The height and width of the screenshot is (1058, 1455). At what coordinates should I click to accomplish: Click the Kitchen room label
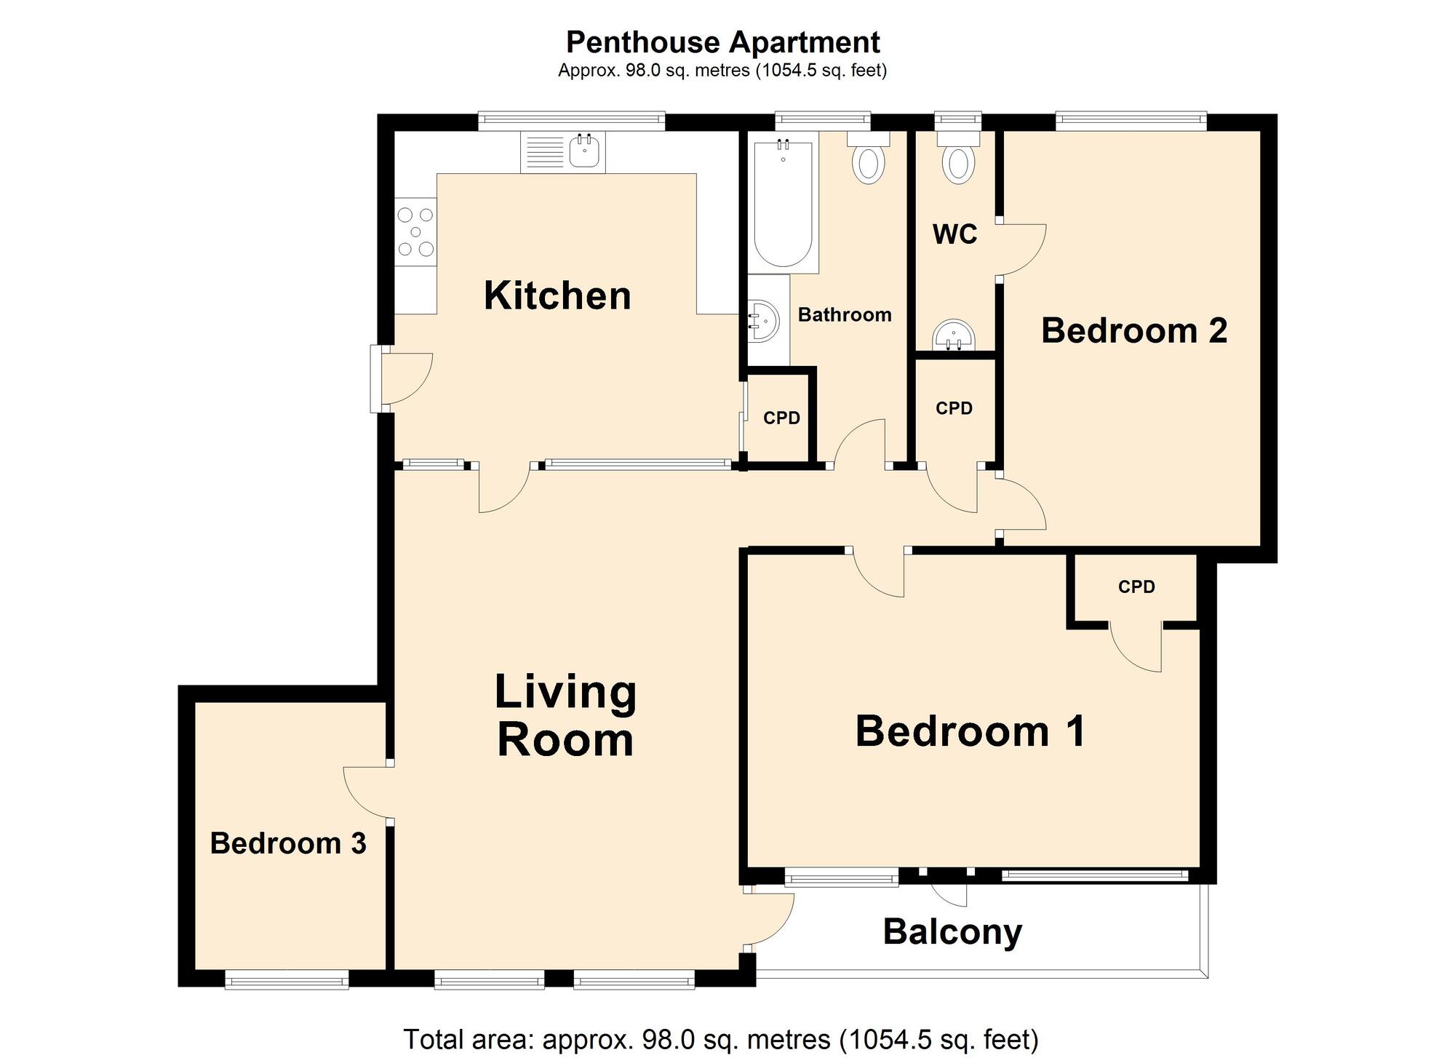pos(557,296)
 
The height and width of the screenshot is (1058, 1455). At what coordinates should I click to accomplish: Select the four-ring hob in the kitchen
pos(415,232)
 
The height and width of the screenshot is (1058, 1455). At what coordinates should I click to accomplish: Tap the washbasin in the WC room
pos(954,337)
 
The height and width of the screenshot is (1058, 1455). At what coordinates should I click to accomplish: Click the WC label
pos(954,234)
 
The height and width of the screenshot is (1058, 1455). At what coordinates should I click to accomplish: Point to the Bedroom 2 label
pos(1133,331)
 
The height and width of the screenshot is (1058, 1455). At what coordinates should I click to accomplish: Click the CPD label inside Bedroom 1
pos(1136,586)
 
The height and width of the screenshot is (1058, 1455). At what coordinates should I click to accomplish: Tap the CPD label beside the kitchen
pos(781,418)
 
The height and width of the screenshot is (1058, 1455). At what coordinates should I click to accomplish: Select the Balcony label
pos(952,932)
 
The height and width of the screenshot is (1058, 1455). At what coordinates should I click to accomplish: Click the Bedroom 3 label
pos(288,843)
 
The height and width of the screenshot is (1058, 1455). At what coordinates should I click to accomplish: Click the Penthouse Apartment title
pos(722,42)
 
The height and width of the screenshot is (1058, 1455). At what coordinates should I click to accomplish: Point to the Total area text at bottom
pos(720,1039)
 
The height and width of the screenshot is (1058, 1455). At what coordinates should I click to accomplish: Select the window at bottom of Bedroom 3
pos(287,982)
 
